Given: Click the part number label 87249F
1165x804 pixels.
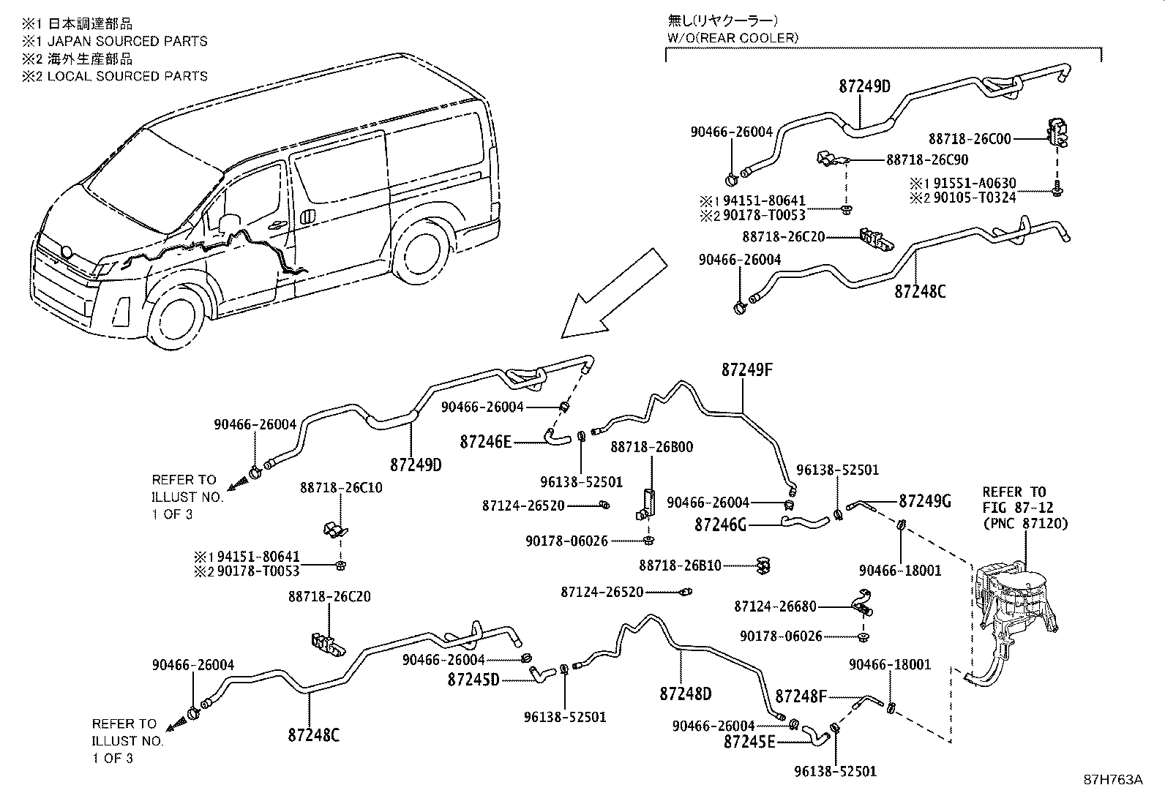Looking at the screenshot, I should click(x=746, y=371).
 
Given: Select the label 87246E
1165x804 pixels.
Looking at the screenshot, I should click(x=485, y=442).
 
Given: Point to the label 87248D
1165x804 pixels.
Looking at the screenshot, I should click(x=685, y=694).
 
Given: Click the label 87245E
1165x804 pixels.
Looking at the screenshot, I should click(x=749, y=742).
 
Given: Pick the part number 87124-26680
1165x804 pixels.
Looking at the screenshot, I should click(x=775, y=606).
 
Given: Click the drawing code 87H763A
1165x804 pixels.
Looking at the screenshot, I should click(x=1112, y=780).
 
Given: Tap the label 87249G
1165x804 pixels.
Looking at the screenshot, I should click(x=924, y=501).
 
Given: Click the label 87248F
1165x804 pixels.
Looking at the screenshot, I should click(x=801, y=696).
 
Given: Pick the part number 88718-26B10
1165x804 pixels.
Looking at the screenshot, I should click(x=680, y=565).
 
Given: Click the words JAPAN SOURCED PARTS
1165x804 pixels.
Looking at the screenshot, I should click(x=126, y=41).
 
